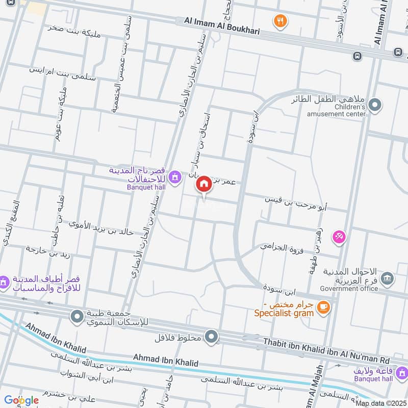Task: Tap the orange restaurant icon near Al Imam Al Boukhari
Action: point(280,21)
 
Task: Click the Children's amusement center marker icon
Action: point(375,106)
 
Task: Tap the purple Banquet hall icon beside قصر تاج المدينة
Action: point(175,177)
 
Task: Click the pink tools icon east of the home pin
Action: point(339,236)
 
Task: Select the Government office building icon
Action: point(387,278)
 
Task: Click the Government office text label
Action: point(349,289)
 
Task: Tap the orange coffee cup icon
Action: point(323,307)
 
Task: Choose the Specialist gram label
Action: point(284,313)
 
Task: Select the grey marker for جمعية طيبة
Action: point(77,317)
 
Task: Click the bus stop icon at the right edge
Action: point(397,52)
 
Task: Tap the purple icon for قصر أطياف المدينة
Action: point(4,282)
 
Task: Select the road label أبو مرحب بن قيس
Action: point(296,203)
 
